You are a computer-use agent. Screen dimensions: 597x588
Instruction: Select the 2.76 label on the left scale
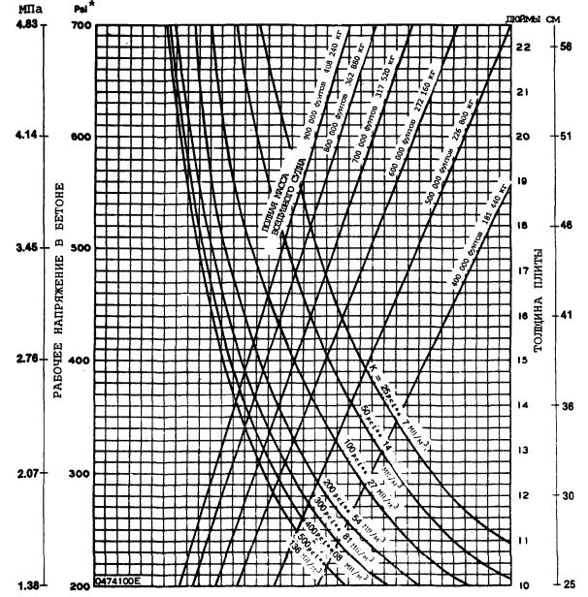click(21, 360)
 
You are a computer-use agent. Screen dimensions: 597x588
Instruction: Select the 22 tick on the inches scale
click(521, 47)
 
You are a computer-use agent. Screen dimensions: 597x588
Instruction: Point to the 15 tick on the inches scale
click(521, 360)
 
